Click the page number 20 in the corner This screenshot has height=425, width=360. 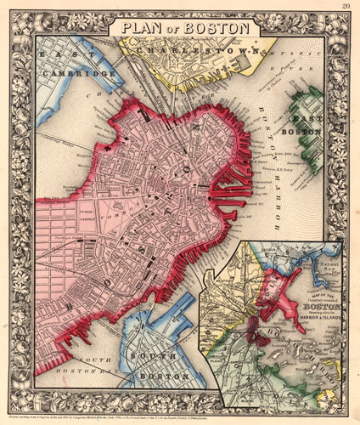[x=346, y=8]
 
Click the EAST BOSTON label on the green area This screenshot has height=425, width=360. [x=307, y=122]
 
